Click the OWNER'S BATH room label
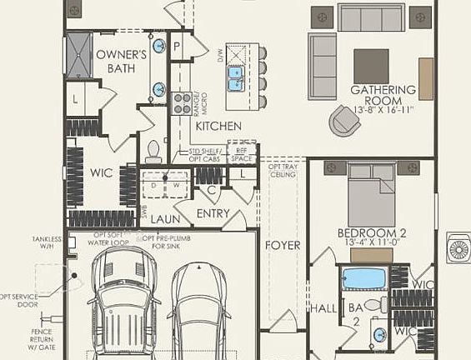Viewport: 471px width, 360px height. (x=121, y=62)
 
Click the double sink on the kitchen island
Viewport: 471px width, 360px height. (x=235, y=78)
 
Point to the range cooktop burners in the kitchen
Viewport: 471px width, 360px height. (x=181, y=103)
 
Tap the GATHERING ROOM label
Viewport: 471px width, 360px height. (x=383, y=90)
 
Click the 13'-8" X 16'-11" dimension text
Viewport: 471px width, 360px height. (x=383, y=109)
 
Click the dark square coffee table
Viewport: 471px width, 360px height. (x=371, y=66)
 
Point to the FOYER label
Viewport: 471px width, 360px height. (x=283, y=246)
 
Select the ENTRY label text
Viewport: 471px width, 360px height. (x=213, y=214)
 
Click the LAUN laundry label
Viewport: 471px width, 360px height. (x=165, y=220)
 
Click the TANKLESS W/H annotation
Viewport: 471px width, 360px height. (x=47, y=242)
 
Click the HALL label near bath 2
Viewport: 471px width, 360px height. (x=323, y=309)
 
